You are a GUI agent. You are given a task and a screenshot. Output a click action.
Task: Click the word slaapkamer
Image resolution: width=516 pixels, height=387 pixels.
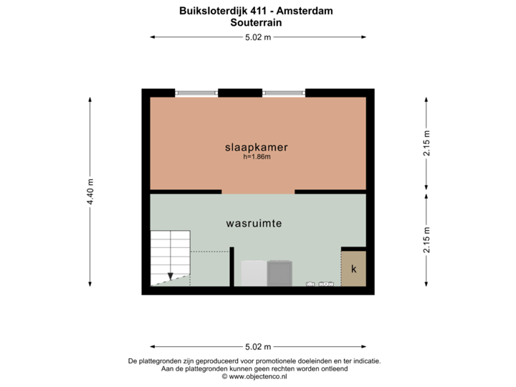(257, 147)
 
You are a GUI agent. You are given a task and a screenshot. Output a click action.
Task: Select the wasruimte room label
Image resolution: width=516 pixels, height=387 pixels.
(254, 223)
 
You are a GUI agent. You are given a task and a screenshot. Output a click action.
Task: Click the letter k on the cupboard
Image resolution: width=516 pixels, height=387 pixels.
(353, 269)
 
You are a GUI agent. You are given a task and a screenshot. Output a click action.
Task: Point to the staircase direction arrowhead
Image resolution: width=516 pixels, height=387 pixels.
(170, 275)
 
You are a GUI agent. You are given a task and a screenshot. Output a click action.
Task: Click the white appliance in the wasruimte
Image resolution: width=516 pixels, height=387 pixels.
(254, 273)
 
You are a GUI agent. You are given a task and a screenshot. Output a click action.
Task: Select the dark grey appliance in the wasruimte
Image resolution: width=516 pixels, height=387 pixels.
(280, 273)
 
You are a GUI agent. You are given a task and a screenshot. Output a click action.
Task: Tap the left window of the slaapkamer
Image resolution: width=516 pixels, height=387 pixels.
(196, 92)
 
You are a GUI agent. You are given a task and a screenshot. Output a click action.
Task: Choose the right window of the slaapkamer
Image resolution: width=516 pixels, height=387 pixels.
(284, 92)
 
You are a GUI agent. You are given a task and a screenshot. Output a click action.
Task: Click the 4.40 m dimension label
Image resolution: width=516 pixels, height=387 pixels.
(90, 191)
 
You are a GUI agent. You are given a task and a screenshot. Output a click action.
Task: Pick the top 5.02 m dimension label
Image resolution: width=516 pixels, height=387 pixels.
(258, 38)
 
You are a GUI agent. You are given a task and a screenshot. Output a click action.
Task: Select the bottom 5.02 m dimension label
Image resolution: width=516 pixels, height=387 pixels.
(258, 347)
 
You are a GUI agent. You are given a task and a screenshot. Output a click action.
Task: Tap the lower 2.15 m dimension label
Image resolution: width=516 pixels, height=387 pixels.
(427, 240)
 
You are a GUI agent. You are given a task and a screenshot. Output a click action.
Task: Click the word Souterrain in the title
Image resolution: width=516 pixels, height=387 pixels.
(256, 22)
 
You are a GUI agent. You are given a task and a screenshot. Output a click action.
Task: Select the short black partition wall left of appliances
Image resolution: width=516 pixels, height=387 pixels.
(232, 267)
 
